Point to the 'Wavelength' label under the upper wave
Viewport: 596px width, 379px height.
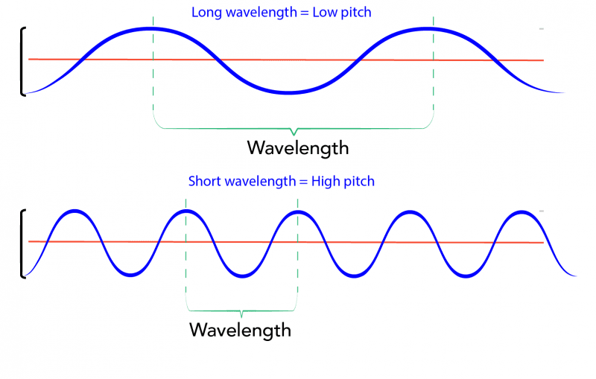298,147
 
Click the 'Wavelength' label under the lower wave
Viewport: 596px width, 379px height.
240,329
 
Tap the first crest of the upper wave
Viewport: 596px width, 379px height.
151,28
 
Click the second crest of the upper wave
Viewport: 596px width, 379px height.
431,29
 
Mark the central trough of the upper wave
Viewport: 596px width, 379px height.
290,93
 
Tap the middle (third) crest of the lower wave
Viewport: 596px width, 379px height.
297,212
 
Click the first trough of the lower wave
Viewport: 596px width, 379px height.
130,276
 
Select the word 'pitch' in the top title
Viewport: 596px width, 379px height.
354,13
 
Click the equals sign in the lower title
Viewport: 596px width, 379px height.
308,181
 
